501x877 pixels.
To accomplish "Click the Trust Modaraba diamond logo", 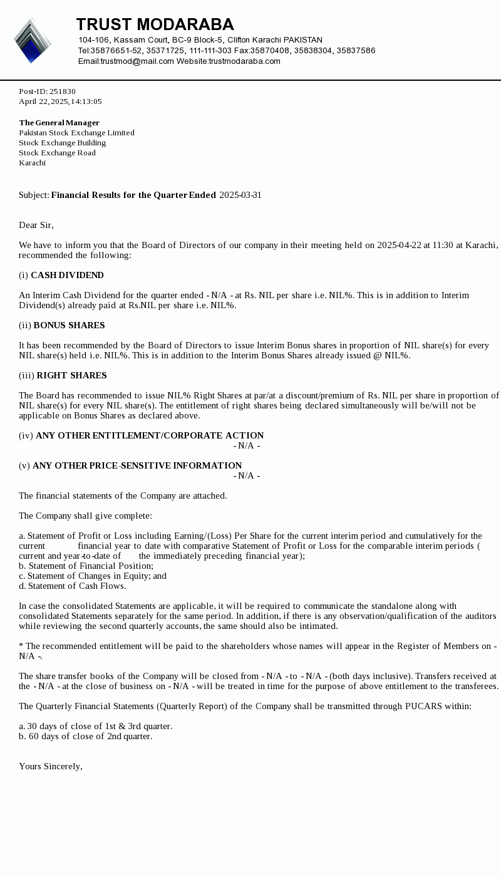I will coord(32,41).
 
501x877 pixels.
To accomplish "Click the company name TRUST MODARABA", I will coord(155,24).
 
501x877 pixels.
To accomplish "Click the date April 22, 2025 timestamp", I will coord(60,101).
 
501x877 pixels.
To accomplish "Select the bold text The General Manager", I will coord(59,123).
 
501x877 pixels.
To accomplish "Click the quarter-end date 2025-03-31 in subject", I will coord(240,195).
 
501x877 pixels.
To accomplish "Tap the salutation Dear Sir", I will coord(36,226).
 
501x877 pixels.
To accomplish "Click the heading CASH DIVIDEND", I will coord(67,276).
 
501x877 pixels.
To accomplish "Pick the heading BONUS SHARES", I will coord(69,326).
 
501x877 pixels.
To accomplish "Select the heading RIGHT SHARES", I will coord(71,376).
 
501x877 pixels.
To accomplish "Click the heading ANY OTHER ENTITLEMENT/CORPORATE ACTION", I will coord(150,436).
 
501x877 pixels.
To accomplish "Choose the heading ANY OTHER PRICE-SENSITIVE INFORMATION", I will coord(137,466).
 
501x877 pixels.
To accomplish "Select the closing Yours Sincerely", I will coord(50,767).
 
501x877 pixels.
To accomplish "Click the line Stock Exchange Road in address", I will coord(57,153).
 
